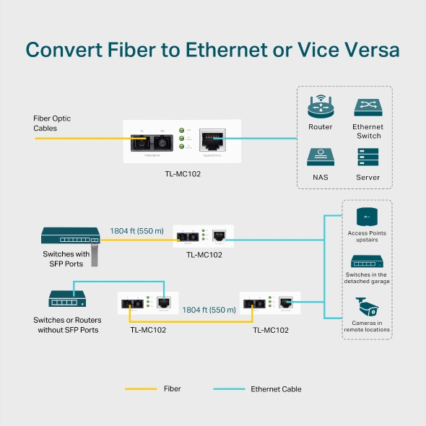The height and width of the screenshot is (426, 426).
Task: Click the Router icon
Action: pos(321,108)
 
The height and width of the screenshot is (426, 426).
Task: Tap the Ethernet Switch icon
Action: pos(368,108)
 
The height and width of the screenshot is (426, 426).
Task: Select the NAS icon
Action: pos(321,157)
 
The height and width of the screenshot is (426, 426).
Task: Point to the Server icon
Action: pos(368,157)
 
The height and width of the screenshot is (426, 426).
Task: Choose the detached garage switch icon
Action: pos(368,261)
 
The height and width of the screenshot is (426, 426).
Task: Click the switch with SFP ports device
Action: pos(70,236)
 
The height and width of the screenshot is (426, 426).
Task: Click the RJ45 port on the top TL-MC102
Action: pos(212,136)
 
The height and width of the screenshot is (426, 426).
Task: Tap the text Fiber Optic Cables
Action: pos(52,123)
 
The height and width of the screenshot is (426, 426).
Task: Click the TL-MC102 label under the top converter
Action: pos(183,174)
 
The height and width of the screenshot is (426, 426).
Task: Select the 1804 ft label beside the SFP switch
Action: pos(137,231)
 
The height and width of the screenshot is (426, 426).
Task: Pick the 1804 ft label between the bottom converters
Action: pos(209,309)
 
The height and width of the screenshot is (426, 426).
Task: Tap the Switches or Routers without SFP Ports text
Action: pos(67,324)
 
